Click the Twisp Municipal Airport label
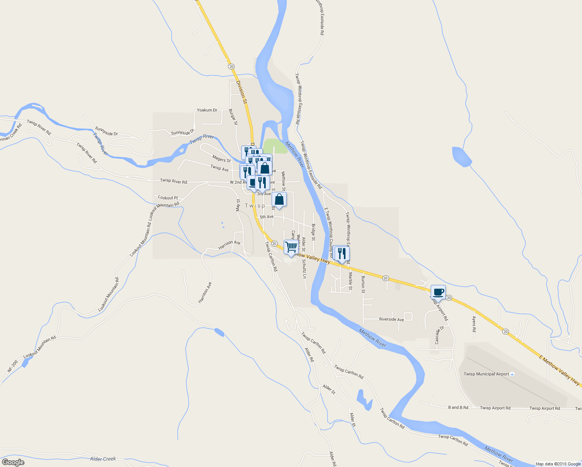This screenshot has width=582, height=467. pyautogui.click(x=486, y=374)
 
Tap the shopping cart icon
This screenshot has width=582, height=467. pyautogui.click(x=291, y=247)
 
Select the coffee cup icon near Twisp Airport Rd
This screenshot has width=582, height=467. pyautogui.click(x=438, y=292)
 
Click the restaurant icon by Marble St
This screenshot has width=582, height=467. pyautogui.click(x=342, y=254)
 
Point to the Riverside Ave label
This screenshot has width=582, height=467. pyautogui.click(x=391, y=320)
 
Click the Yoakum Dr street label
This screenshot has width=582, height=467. pyautogui.click(x=207, y=110)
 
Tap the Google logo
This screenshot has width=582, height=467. pyautogui.click(x=12, y=462)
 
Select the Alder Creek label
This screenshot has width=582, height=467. pyautogui.click(x=103, y=459)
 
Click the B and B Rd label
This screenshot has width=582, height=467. pyautogui.click(x=458, y=408)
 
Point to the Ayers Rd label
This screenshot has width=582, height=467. pyautogui.click(x=474, y=324)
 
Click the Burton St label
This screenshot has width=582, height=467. pyautogui.click(x=363, y=284)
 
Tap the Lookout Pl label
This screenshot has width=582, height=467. pyautogui.click(x=168, y=198)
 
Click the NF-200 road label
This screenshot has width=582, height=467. pyautogui.click(x=12, y=366)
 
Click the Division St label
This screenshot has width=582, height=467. pyautogui.click(x=242, y=92)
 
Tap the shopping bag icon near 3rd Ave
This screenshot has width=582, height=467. pyautogui.click(x=279, y=200)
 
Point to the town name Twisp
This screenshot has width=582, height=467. pyautogui.click(x=255, y=205)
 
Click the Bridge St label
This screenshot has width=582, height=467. pyautogui.click(x=314, y=232)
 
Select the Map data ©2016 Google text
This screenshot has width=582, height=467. pyautogui.click(x=558, y=464)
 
